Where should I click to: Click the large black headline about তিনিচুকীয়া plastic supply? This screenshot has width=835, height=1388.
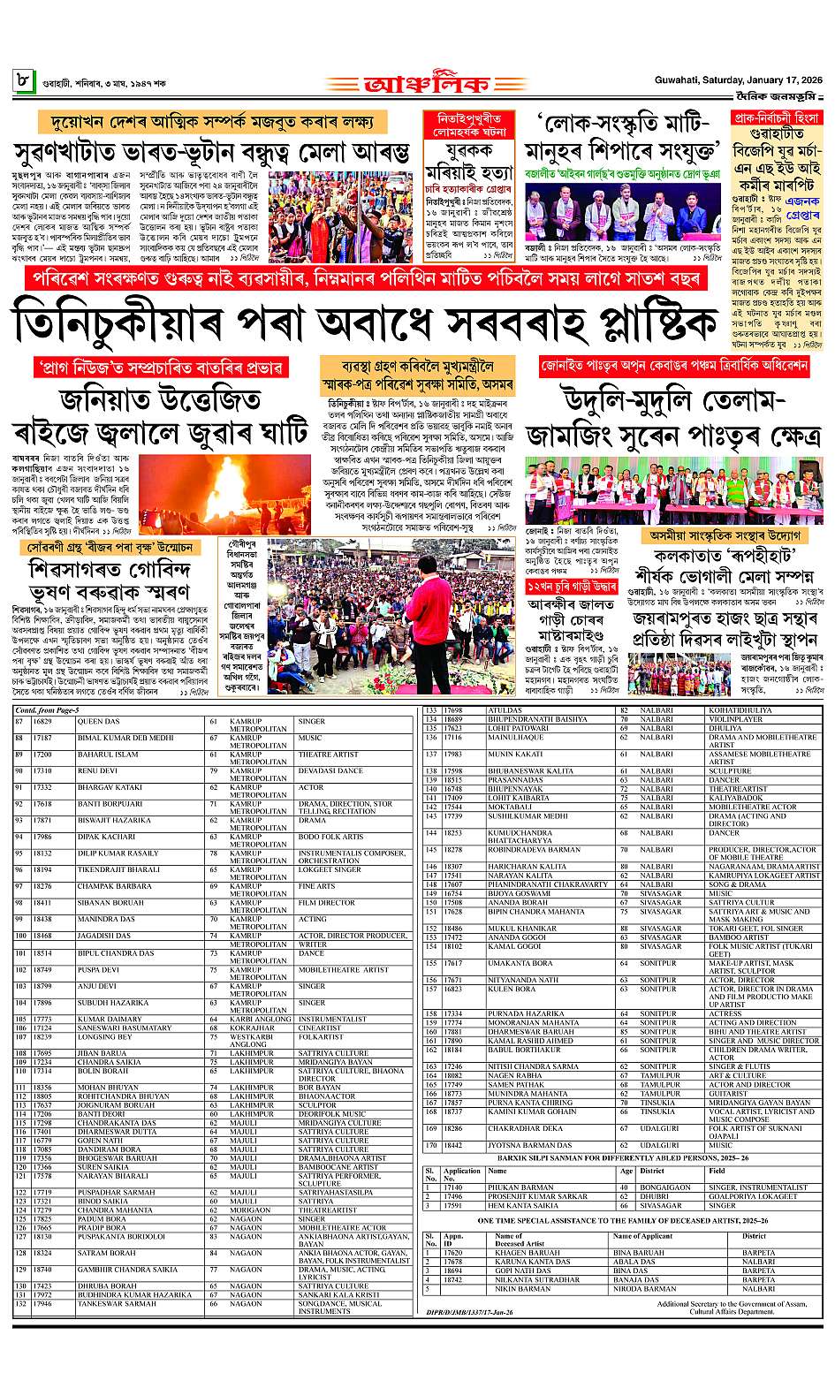(363, 323)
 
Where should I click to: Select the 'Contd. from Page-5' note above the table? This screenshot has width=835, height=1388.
(47, 710)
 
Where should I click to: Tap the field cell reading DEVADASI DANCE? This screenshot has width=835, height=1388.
(330, 770)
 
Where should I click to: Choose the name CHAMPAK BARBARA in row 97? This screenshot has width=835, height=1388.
(114, 886)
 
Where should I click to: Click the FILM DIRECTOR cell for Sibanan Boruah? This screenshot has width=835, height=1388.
(326, 903)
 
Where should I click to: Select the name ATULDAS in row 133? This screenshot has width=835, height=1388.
(505, 710)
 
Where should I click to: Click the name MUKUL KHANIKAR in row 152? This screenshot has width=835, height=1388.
(522, 929)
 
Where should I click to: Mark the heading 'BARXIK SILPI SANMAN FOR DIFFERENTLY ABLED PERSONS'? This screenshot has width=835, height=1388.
(623, 1157)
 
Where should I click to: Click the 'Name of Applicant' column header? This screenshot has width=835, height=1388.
(642, 1236)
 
